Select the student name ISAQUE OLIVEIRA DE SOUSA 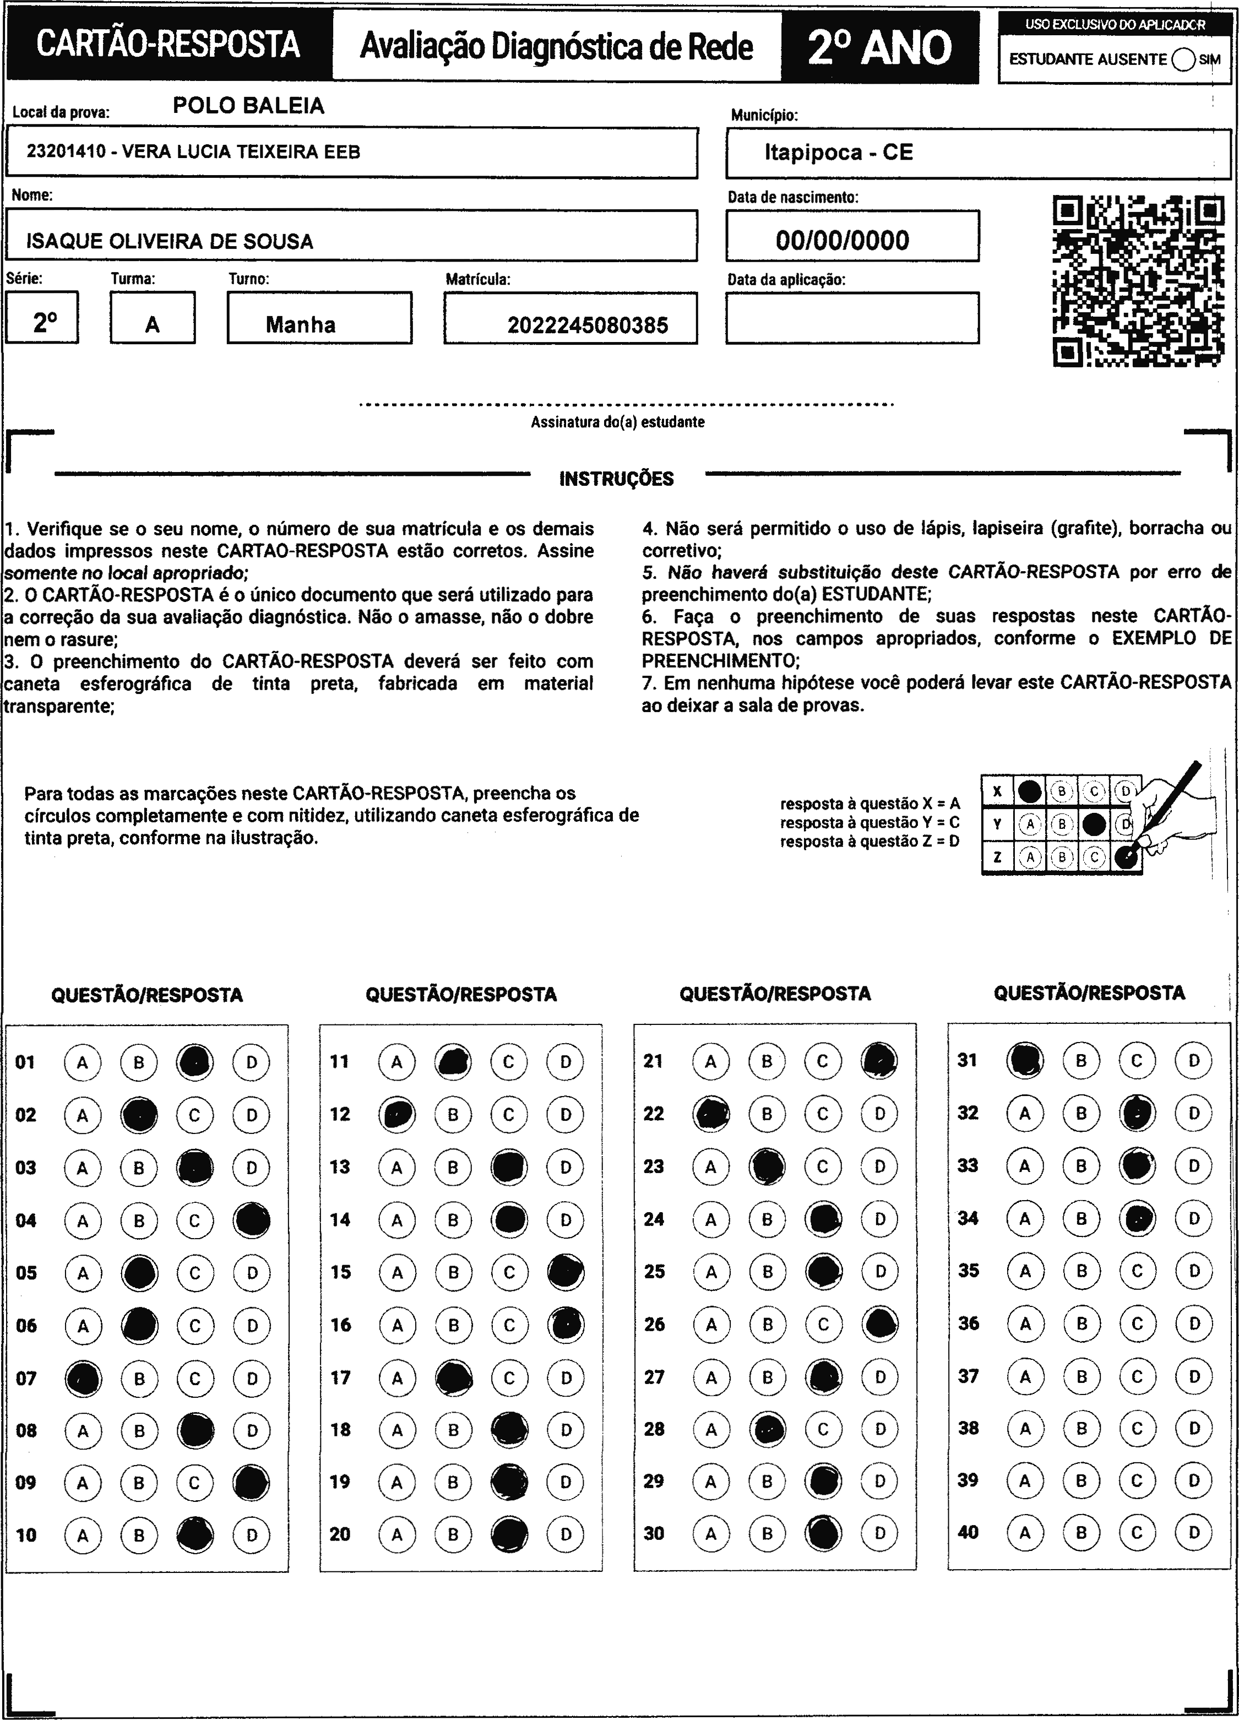point(170,241)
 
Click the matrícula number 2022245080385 point(588,325)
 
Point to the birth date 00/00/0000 point(841,241)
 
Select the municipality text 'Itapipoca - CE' point(838,153)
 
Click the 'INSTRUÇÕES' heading point(616,479)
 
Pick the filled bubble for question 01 point(195,1062)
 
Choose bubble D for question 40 point(1193,1533)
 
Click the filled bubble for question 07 point(83,1378)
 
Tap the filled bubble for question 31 point(1024,1060)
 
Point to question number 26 point(654,1324)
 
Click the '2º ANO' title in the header point(879,47)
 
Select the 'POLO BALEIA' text point(249,105)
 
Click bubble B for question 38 point(1082,1428)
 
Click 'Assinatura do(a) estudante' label point(617,422)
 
